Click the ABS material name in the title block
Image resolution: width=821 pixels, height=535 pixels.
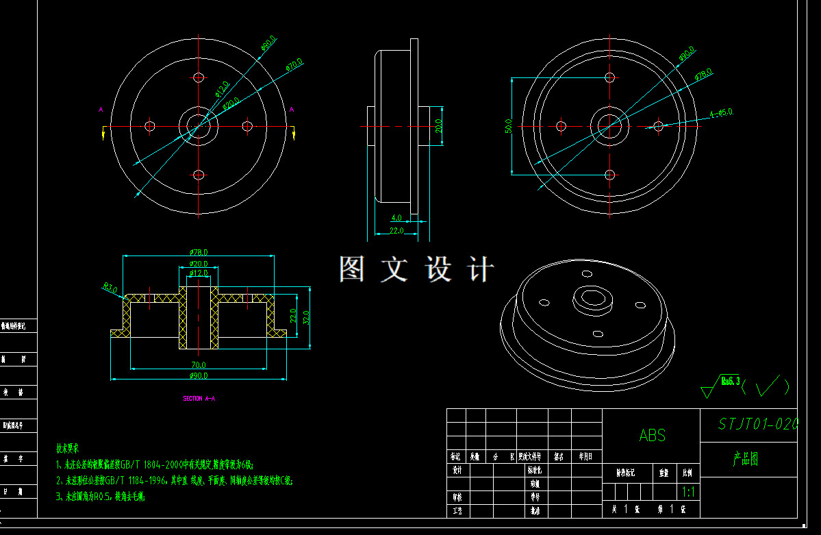[x=652, y=436]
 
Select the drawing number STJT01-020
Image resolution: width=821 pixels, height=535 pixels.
[x=757, y=425]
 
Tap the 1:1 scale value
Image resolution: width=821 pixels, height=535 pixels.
[x=687, y=492]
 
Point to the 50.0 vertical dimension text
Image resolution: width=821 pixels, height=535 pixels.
[x=508, y=127]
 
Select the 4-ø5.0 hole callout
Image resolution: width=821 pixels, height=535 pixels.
[x=721, y=112]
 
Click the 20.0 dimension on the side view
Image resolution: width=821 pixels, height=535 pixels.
[x=438, y=126]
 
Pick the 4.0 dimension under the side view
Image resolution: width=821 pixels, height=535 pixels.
[x=396, y=218]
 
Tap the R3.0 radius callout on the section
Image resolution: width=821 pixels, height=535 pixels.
[x=110, y=288]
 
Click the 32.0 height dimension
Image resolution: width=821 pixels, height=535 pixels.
[x=306, y=316]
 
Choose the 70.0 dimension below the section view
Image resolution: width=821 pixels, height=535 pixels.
[x=199, y=364]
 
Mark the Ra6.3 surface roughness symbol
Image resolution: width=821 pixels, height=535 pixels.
[x=730, y=382]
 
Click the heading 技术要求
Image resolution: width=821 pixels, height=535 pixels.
[x=68, y=449]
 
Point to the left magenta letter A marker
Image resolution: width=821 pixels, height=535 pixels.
[x=101, y=110]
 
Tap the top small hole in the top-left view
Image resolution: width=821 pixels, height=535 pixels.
[x=199, y=77]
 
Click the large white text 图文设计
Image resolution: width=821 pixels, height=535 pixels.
[x=416, y=269]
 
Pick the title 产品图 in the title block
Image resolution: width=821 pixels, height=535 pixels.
[x=745, y=459]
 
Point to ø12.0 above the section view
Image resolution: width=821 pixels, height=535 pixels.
[x=199, y=273]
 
